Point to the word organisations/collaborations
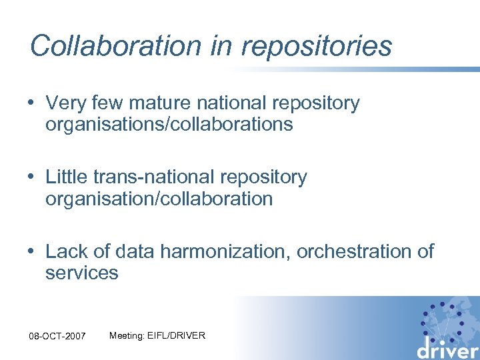pos(169,125)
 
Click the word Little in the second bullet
pos(65,177)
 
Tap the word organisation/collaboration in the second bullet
pos(159,199)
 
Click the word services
pos(82,273)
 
